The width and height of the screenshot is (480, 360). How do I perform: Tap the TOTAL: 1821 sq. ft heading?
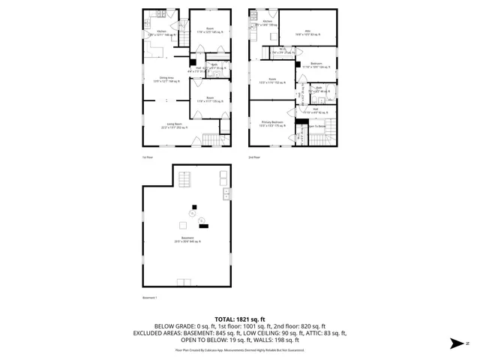[239, 319]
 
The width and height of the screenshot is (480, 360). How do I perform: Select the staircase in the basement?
[184, 178]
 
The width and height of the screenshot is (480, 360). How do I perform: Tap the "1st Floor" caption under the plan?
[148, 157]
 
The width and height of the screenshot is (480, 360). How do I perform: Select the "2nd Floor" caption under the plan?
[255, 157]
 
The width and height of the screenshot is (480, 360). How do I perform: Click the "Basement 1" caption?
[151, 298]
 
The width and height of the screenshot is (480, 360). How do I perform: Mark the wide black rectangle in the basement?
[204, 225]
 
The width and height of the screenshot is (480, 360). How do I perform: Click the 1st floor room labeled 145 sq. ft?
[206, 31]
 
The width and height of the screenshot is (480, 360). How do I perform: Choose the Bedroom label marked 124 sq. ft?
[316, 65]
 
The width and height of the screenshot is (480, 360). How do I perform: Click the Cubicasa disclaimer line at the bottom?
[239, 349]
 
